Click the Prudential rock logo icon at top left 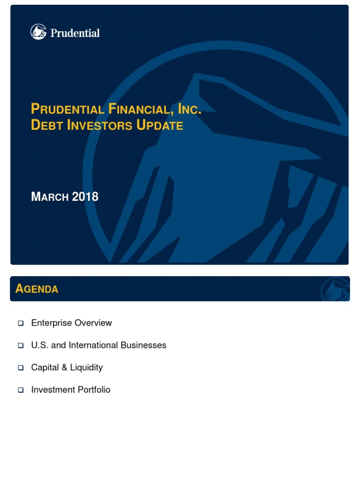(x=38, y=32)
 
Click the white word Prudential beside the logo (x=75, y=33)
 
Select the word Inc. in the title (x=190, y=109)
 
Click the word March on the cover (x=50, y=197)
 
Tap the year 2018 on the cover (x=85, y=197)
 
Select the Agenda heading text (x=37, y=289)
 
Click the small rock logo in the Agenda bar (x=335, y=289)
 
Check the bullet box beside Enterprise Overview (x=21, y=323)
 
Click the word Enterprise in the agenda (x=51, y=323)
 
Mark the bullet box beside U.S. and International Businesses (x=21, y=345)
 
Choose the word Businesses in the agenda (x=143, y=345)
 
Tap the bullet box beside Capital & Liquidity (x=21, y=368)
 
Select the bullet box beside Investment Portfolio (x=21, y=390)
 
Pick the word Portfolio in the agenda (x=96, y=390)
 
